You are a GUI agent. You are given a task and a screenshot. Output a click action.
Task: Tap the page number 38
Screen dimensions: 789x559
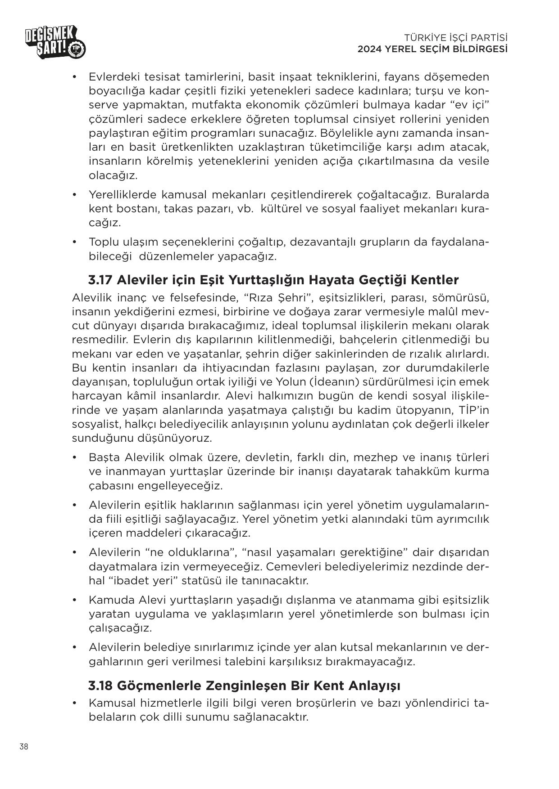[24, 747]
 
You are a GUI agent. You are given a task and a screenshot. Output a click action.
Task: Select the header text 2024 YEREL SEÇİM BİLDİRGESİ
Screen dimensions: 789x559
[432, 49]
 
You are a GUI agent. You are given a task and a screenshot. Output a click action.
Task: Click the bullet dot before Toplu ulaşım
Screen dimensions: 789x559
[75, 242]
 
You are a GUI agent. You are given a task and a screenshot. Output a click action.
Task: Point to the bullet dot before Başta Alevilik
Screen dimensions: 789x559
[75, 458]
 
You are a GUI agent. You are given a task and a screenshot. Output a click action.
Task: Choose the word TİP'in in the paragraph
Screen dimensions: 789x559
[473, 410]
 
